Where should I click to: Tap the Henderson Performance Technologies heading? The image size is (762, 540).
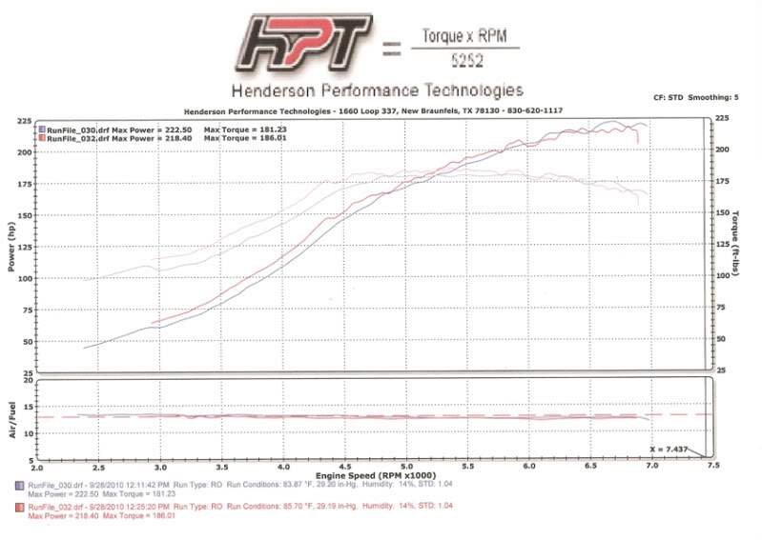(375, 91)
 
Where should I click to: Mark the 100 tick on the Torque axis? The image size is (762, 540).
(725, 276)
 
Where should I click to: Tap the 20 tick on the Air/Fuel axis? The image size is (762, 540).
(28, 380)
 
